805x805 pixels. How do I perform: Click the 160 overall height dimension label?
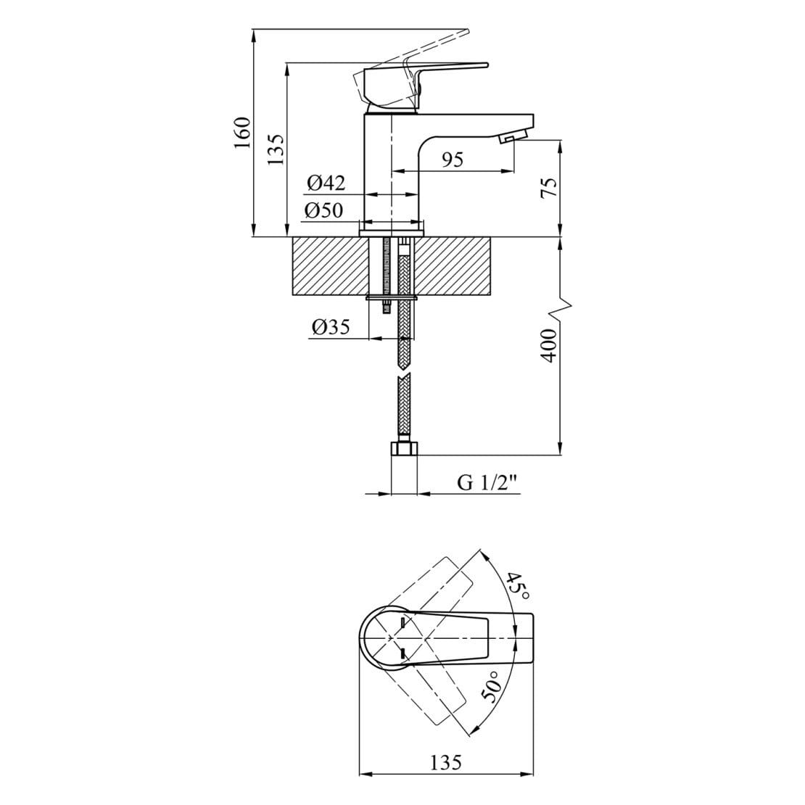click(x=242, y=133)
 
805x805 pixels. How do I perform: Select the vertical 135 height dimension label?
click(x=276, y=149)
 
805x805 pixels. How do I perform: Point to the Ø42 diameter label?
click(x=325, y=183)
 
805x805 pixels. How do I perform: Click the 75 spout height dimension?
click(x=550, y=188)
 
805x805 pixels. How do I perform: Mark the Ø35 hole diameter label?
click(x=331, y=327)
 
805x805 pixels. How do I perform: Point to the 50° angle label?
click(x=492, y=685)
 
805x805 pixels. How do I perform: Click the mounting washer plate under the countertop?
click(x=392, y=297)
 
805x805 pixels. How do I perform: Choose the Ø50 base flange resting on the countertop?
click(x=391, y=230)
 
